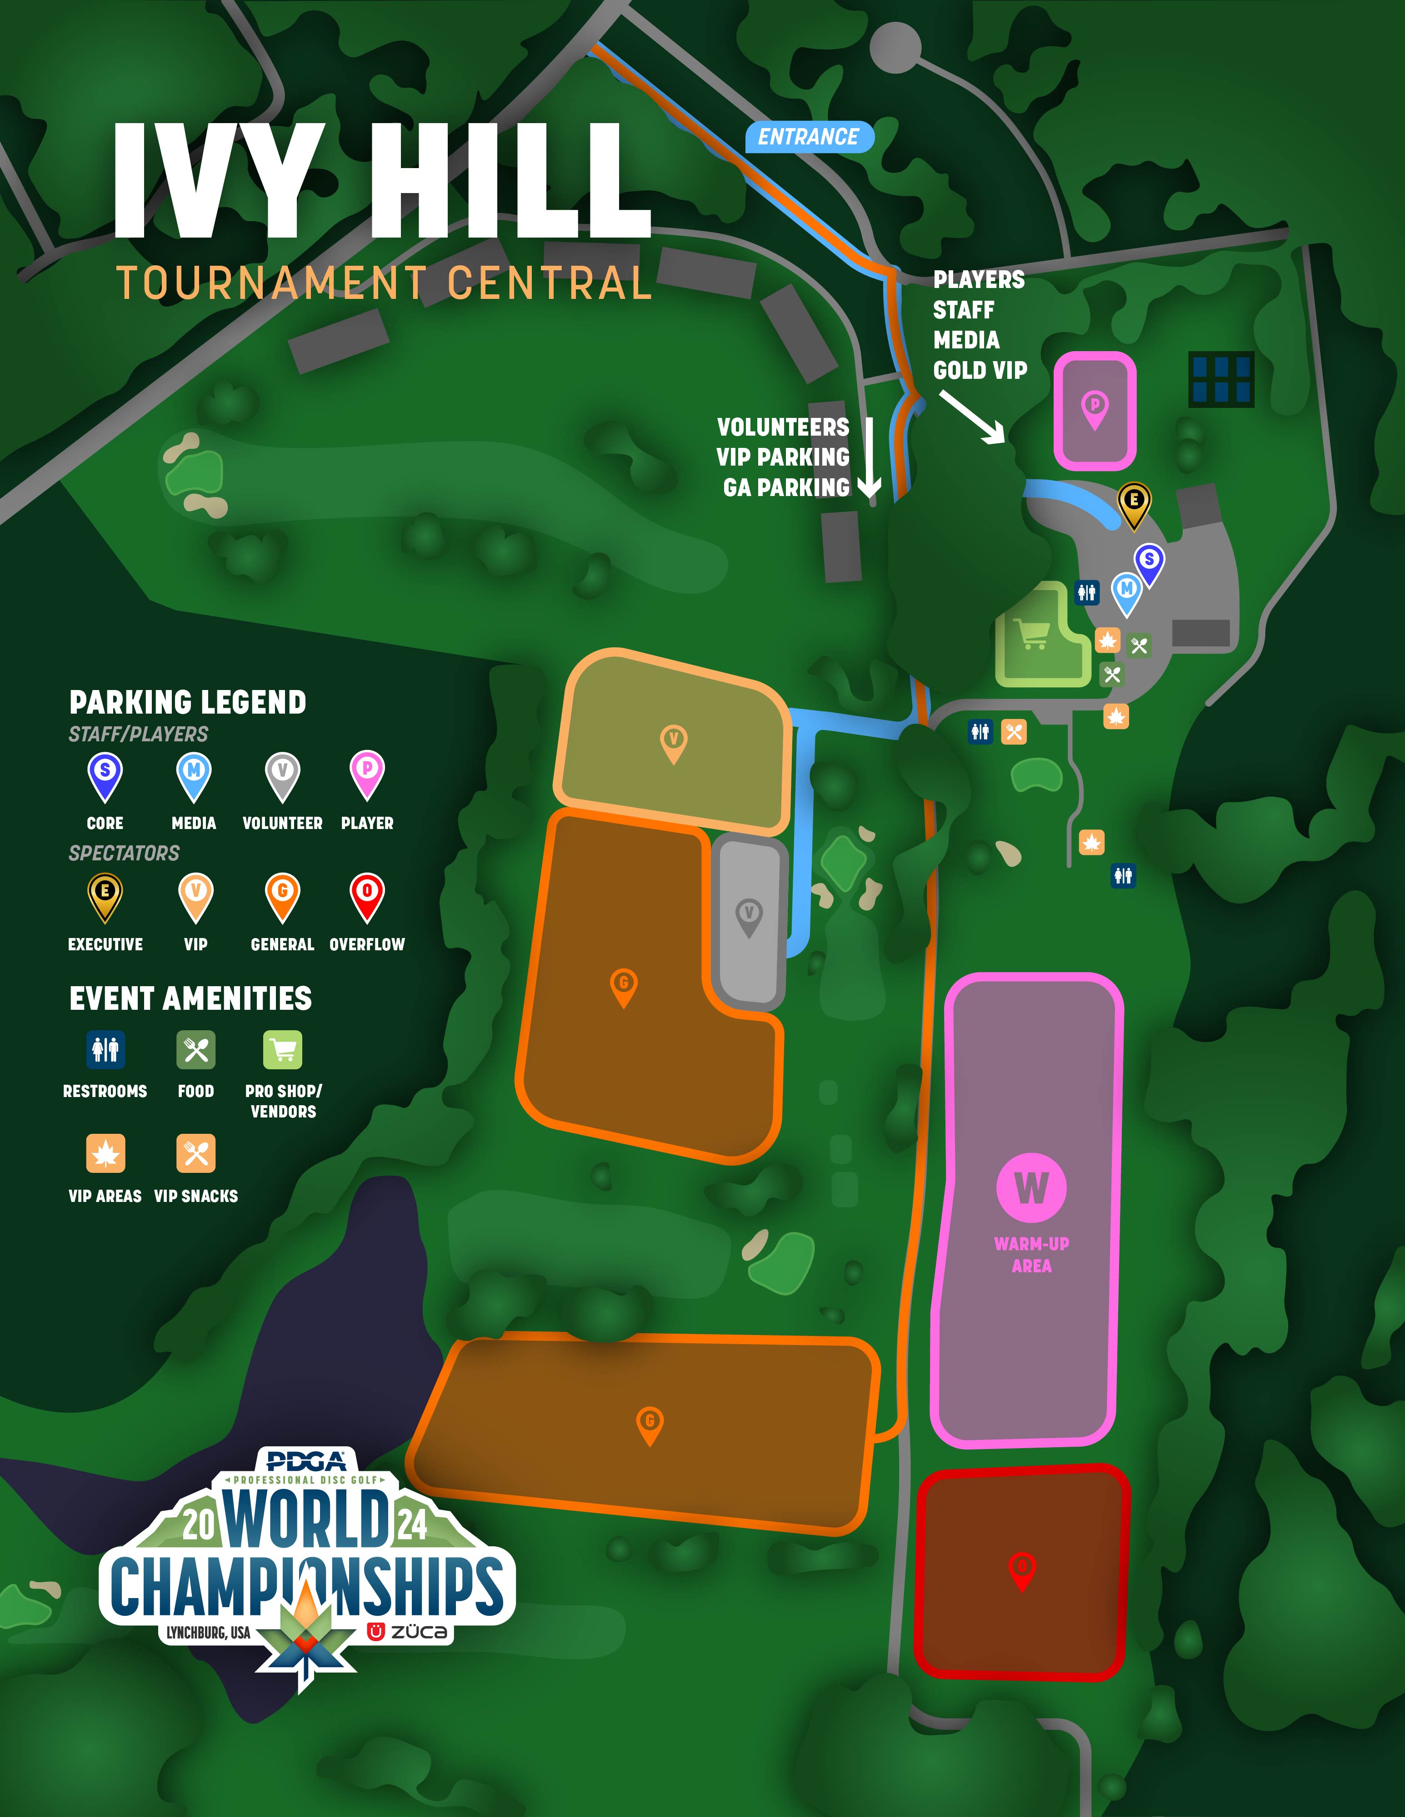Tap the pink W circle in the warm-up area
tap(1031, 1187)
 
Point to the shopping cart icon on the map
tap(1032, 634)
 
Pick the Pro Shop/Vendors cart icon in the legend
tap(283, 1050)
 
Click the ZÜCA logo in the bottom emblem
tap(408, 1632)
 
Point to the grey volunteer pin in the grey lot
tap(749, 917)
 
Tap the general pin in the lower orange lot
tap(649, 1425)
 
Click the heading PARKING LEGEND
tap(188, 702)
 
